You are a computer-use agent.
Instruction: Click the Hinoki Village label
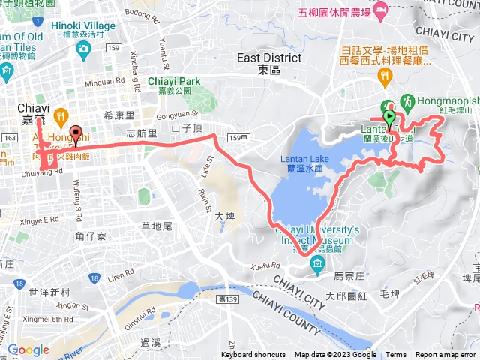(x=82, y=25)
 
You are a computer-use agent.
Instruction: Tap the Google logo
(x=28, y=349)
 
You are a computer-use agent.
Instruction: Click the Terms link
(x=396, y=355)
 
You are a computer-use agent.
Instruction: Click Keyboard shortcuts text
(x=253, y=355)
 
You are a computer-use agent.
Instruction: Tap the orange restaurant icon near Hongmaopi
(x=385, y=75)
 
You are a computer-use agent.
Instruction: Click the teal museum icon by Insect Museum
(x=318, y=262)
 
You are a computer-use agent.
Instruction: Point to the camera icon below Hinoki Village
(x=82, y=49)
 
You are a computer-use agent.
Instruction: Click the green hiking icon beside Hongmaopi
(x=407, y=99)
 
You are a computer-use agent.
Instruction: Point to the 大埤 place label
(x=224, y=216)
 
